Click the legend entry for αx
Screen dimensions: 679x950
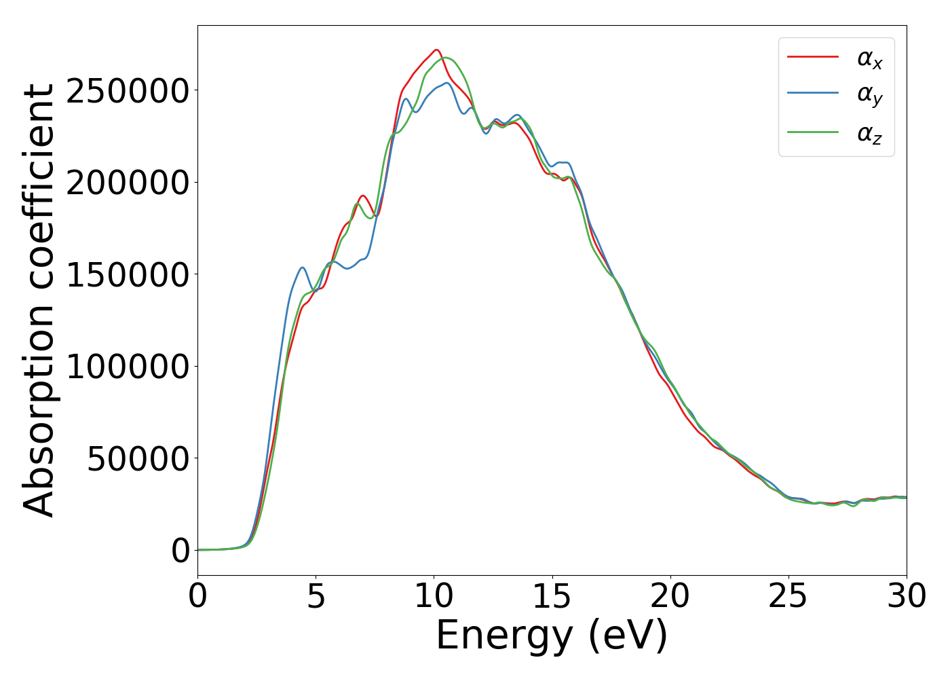(x=869, y=60)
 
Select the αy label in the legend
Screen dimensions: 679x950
(x=869, y=96)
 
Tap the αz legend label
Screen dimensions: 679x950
(x=869, y=134)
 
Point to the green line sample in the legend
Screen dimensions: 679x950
(x=812, y=132)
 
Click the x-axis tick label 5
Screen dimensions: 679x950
(x=316, y=597)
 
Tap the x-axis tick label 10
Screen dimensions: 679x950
(x=434, y=597)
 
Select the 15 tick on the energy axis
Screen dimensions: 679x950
(x=552, y=597)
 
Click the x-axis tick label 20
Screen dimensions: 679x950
(x=670, y=597)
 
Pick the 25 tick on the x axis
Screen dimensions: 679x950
(x=788, y=597)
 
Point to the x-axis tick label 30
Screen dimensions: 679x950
(x=907, y=597)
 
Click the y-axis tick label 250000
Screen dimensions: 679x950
(x=127, y=91)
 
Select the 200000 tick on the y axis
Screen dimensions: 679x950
(x=127, y=183)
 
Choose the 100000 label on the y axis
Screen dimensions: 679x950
(x=127, y=367)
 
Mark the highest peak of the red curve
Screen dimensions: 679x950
(x=436, y=50)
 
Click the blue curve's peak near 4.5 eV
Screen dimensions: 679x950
(x=302, y=268)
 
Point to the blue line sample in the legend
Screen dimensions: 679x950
(x=812, y=94)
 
